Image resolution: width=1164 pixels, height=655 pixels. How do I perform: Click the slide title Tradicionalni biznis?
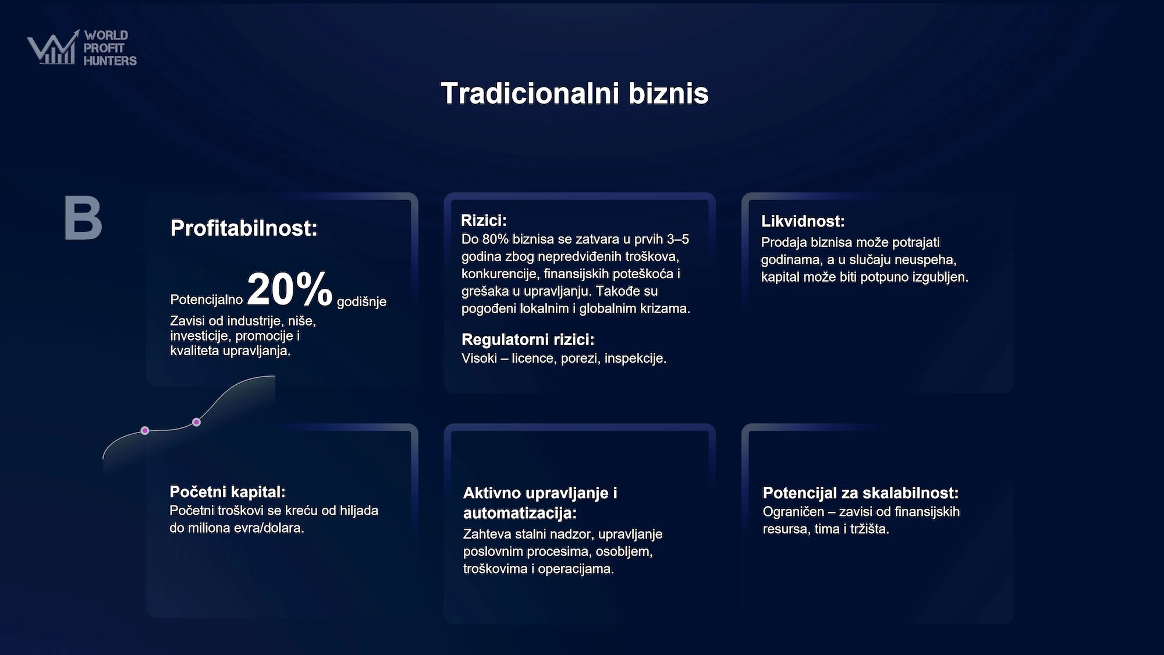[574, 93]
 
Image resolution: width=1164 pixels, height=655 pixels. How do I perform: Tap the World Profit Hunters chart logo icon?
[53, 47]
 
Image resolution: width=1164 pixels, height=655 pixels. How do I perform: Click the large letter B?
[83, 218]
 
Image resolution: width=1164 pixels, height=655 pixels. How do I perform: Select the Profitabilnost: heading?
[244, 228]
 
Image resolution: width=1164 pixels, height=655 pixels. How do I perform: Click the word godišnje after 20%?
[361, 302]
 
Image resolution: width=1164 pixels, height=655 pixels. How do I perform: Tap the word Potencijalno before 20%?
[206, 299]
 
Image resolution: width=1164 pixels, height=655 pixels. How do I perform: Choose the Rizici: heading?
[484, 221]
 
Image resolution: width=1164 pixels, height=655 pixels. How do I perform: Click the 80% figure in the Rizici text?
[495, 239]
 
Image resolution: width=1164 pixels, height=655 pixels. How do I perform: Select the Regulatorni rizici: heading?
[528, 339]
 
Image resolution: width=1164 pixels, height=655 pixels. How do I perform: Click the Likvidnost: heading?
[803, 221]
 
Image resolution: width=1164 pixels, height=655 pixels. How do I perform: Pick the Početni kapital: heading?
[228, 492]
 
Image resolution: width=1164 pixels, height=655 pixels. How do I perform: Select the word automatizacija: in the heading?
[520, 514]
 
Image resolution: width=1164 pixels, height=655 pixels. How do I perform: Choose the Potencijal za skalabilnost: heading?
[860, 493]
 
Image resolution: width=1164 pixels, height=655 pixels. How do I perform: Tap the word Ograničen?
[793, 512]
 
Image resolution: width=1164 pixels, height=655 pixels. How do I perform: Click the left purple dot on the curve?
[145, 431]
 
